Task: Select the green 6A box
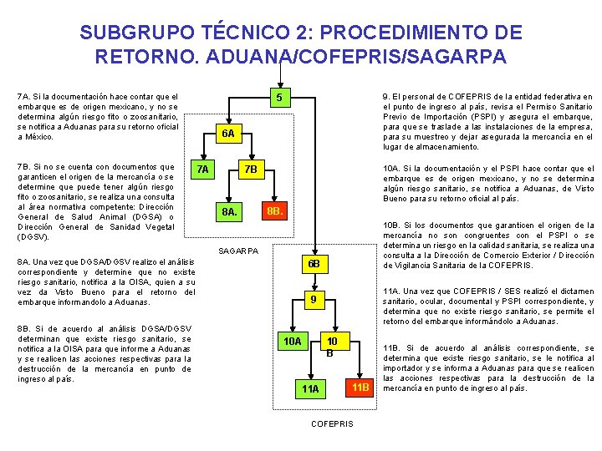228,134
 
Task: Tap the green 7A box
202,170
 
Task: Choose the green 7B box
249,170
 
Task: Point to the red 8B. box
275,210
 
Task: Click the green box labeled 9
312,300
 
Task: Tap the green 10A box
292,341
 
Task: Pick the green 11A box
310,388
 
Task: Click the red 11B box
360,388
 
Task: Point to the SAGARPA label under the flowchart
237,251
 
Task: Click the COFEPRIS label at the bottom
332,423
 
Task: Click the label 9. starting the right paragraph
386,97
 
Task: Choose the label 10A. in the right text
393,169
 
